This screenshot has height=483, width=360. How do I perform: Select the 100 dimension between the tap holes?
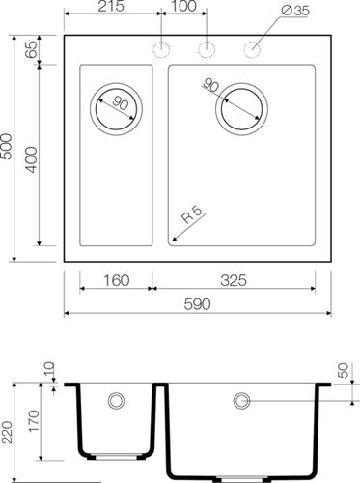(x=182, y=8)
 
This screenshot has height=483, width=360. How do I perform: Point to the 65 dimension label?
(x=32, y=50)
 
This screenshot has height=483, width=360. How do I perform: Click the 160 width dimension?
(x=115, y=281)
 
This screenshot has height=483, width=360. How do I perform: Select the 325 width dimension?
(x=234, y=281)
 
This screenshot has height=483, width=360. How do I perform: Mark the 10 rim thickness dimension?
(x=48, y=370)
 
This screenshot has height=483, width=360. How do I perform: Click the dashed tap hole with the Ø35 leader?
(x=254, y=48)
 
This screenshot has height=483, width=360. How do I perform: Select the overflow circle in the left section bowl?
(x=117, y=400)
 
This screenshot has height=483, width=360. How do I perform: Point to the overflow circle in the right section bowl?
(x=241, y=400)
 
